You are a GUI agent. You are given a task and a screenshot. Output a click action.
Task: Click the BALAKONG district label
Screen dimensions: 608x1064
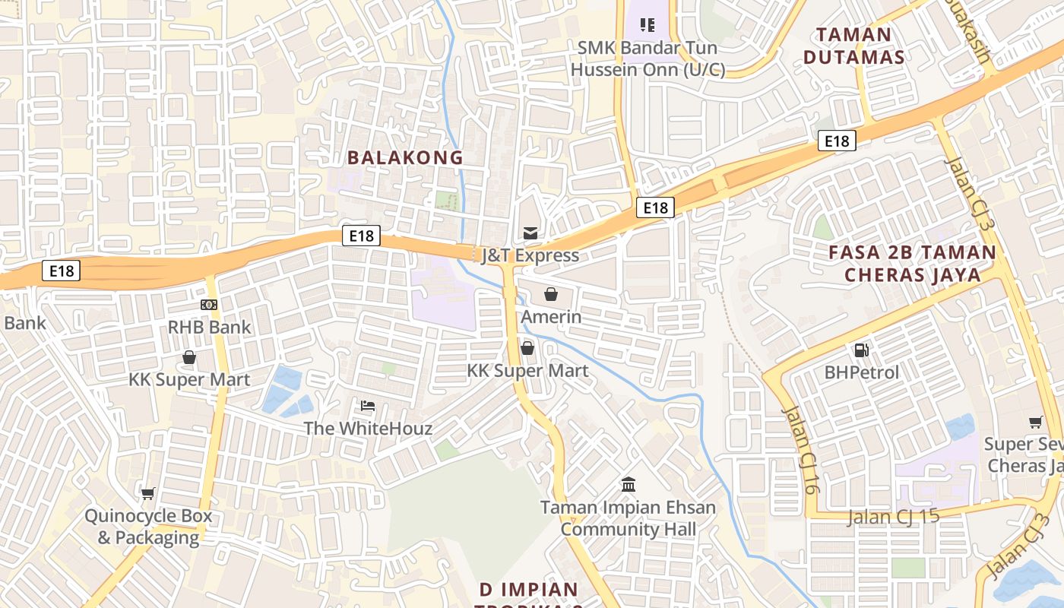tap(405, 157)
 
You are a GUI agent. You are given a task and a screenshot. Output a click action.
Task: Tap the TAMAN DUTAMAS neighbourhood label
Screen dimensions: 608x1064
tap(853, 46)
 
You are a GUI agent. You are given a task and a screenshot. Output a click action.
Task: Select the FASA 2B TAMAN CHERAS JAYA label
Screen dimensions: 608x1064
tap(912, 263)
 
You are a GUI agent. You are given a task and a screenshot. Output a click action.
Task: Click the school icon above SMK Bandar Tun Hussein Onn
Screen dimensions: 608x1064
tap(648, 25)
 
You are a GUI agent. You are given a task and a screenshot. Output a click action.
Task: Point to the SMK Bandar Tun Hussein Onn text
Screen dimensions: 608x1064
tap(648, 59)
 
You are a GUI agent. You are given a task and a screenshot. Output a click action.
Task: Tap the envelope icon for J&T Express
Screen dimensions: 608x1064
tap(530, 233)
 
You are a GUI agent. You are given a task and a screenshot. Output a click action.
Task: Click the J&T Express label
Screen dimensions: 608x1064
tap(530, 255)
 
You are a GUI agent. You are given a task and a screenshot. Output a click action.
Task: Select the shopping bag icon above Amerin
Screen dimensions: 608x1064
tap(551, 294)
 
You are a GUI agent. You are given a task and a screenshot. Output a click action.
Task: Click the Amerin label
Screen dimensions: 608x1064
tap(551, 316)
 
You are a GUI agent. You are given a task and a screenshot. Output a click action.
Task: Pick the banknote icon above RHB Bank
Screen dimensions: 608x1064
tap(209, 305)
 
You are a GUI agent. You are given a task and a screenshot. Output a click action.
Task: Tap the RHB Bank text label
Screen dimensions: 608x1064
tap(209, 327)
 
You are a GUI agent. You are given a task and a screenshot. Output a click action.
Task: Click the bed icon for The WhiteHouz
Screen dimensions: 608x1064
tap(368, 406)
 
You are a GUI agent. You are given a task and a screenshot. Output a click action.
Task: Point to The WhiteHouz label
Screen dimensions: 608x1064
tap(368, 428)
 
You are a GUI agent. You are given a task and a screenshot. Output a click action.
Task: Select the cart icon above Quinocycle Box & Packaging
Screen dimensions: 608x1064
tap(148, 493)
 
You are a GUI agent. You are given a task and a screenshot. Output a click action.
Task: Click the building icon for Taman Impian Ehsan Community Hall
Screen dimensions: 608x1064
tap(629, 484)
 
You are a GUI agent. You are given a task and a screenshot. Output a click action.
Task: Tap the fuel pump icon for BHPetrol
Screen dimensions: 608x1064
tap(862, 350)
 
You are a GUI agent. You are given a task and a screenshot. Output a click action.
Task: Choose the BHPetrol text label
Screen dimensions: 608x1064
tap(862, 372)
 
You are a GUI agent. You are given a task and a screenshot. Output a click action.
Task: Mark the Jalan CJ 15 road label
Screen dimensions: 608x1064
tap(893, 517)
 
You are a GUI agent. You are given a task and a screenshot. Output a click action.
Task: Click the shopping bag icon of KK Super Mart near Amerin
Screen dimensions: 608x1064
tap(527, 348)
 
